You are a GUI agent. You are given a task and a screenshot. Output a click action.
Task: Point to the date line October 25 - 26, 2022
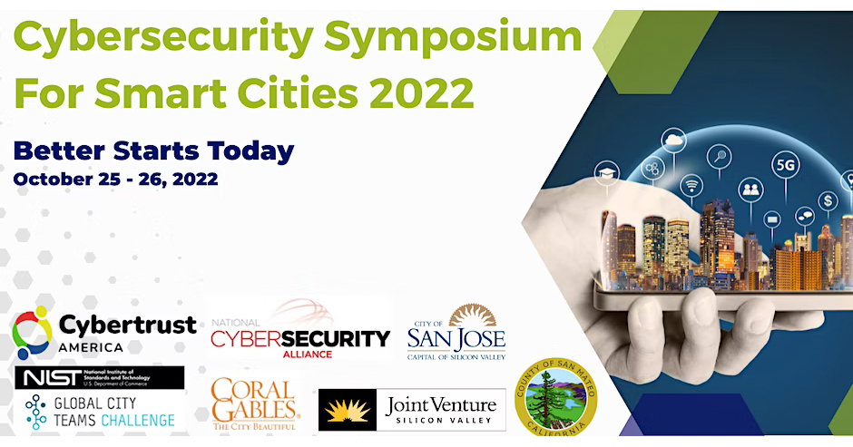pos(115,179)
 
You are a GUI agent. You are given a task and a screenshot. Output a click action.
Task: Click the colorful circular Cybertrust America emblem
pos(33,333)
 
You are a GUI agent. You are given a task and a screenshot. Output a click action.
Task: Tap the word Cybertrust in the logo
pos(127,325)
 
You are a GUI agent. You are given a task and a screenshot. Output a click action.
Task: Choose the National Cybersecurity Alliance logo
pos(299,334)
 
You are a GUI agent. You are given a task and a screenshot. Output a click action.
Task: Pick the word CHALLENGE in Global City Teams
pos(139,420)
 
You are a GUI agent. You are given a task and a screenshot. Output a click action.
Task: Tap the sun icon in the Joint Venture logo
pos(348,410)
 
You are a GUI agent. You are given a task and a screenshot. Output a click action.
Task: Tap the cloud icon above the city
pos(674,141)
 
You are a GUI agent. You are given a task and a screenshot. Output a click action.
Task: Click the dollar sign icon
pos(827,199)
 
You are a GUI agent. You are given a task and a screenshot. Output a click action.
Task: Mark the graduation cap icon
pos(605,171)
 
